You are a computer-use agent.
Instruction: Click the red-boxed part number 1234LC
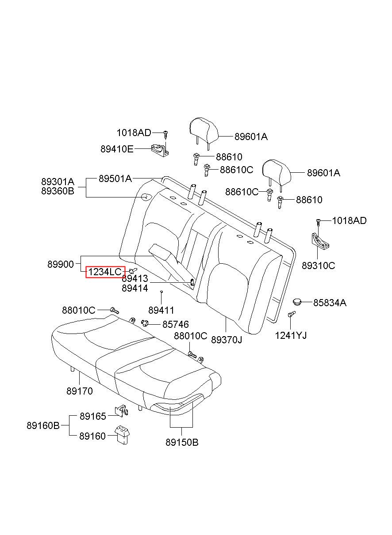(x=105, y=272)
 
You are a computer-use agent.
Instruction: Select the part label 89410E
(x=116, y=149)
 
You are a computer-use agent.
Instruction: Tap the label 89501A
(x=115, y=178)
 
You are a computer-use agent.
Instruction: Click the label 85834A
(x=330, y=303)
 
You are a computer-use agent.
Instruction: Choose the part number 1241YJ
(x=291, y=335)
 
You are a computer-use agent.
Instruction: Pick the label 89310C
(x=318, y=266)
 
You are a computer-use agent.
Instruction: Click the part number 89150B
(x=182, y=442)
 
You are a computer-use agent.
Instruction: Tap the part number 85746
(x=176, y=324)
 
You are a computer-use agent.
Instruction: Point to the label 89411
(x=161, y=310)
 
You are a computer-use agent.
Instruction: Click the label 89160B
(x=43, y=426)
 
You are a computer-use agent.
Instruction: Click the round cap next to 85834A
(x=298, y=302)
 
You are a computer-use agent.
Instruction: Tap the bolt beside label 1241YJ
(x=291, y=315)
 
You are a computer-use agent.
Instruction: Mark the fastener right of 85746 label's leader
(x=145, y=323)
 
